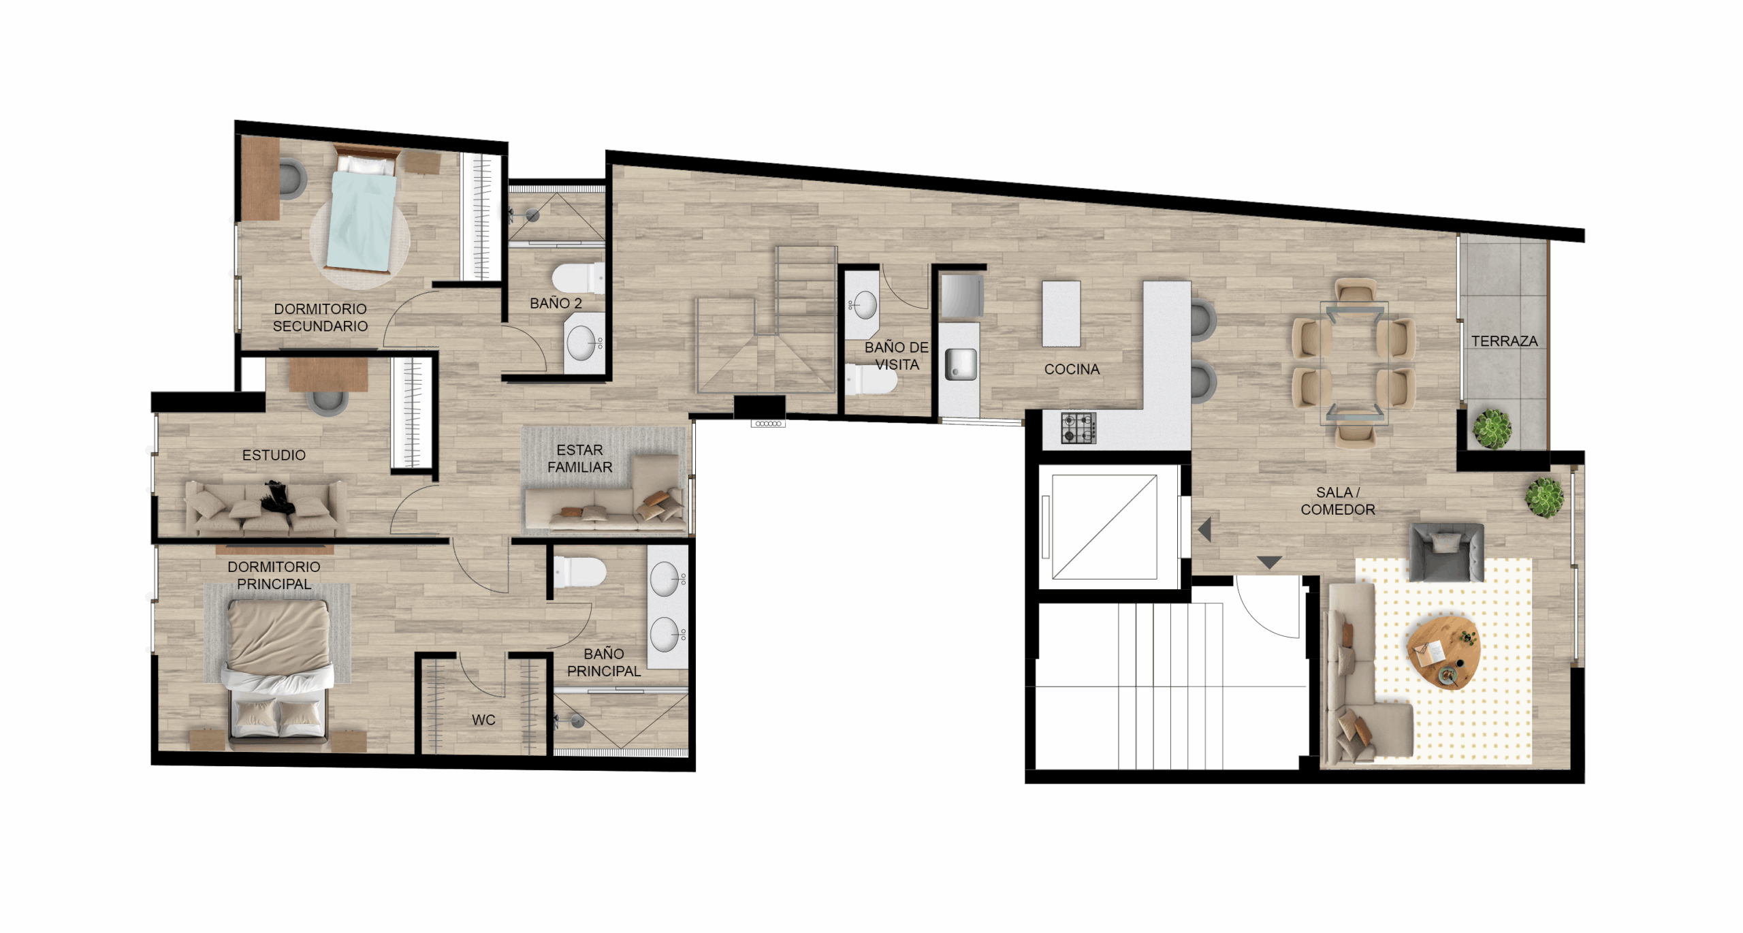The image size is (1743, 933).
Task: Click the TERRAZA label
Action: click(x=1504, y=341)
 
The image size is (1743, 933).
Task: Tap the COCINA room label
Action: click(x=1072, y=369)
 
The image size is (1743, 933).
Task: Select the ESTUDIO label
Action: click(x=274, y=455)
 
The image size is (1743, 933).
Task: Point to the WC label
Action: click(x=483, y=720)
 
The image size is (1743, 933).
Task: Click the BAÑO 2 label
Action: click(x=556, y=303)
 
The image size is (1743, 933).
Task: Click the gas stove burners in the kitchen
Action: click(x=1078, y=428)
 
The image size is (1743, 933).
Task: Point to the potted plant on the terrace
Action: click(x=1492, y=429)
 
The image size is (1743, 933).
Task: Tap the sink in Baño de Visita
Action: click(x=864, y=305)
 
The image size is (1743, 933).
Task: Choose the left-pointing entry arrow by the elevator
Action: click(x=1204, y=530)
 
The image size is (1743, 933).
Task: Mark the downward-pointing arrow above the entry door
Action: click(x=1269, y=563)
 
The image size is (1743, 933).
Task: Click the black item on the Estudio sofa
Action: click(x=278, y=497)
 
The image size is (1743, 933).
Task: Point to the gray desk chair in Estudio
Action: click(x=327, y=402)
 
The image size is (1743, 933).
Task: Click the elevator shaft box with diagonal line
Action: click(x=1104, y=526)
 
